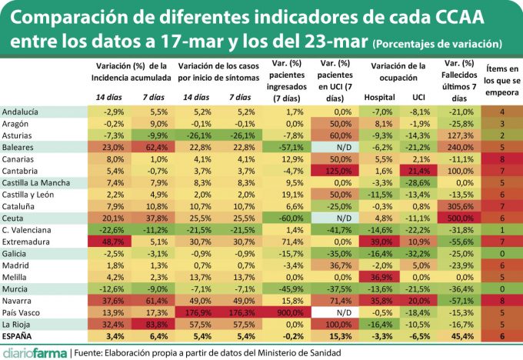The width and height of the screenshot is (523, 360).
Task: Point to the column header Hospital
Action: click(x=379, y=98)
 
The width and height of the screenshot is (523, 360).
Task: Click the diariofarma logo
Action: click(x=35, y=353)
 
